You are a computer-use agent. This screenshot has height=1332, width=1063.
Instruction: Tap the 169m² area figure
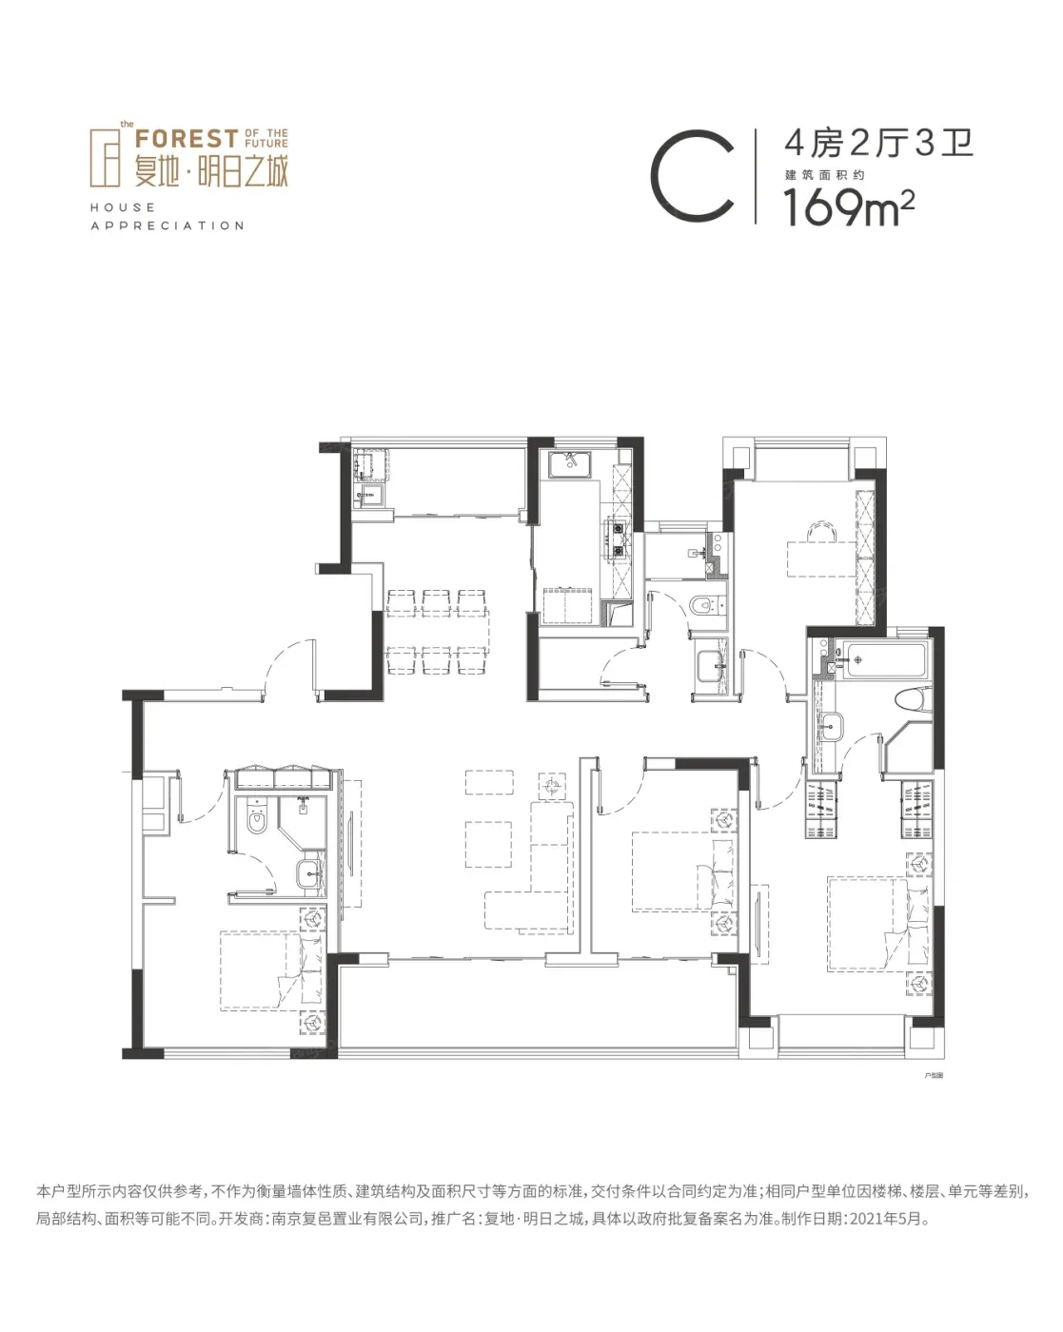coord(849,207)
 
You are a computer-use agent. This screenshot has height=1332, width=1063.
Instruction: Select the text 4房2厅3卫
coord(878,145)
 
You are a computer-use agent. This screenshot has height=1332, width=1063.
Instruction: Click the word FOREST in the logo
coord(187,138)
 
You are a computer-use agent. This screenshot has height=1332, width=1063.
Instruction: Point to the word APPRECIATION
coord(167,225)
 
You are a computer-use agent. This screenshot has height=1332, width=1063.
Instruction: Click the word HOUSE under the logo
coord(123,207)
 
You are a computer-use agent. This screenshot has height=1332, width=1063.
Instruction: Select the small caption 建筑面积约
coord(825,175)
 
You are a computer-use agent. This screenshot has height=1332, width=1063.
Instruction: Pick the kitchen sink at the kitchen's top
coord(570,465)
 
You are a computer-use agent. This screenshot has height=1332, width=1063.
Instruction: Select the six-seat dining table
coord(437,631)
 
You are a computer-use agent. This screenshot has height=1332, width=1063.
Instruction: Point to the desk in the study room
coord(821,558)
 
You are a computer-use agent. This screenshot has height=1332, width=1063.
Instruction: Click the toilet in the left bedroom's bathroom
coord(256,817)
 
